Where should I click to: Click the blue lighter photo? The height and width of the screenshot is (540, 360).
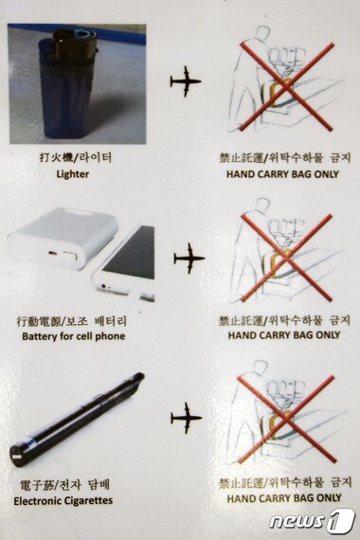tap(77, 83)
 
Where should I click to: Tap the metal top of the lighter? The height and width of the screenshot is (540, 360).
tap(74, 45)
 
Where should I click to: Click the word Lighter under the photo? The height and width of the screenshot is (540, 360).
tap(73, 174)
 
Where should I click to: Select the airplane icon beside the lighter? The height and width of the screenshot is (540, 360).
tap(186, 81)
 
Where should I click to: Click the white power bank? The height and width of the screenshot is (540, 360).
tap(62, 238)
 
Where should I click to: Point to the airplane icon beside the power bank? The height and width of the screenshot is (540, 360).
tap(189, 259)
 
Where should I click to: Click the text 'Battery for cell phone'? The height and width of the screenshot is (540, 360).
tap(73, 336)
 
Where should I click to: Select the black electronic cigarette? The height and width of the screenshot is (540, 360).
tap(77, 420)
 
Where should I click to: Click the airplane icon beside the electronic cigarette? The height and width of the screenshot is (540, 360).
tap(186, 418)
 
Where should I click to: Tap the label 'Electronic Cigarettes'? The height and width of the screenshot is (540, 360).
tap(63, 500)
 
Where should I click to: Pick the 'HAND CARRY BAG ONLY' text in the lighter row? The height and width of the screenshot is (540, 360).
tap(282, 174)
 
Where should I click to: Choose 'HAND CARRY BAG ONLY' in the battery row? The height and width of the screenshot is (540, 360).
tap(284, 335)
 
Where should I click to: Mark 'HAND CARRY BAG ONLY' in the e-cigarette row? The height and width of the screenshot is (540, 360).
tap(284, 498)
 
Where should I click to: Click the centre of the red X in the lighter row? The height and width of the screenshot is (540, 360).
tap(287, 87)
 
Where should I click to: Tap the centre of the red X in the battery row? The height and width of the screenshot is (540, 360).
tap(287, 258)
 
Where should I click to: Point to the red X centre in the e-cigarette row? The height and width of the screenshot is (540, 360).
tap(287, 420)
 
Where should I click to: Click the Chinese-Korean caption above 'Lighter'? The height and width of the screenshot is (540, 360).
tap(75, 158)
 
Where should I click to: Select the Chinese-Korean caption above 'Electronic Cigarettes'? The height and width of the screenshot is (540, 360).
tap(64, 485)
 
